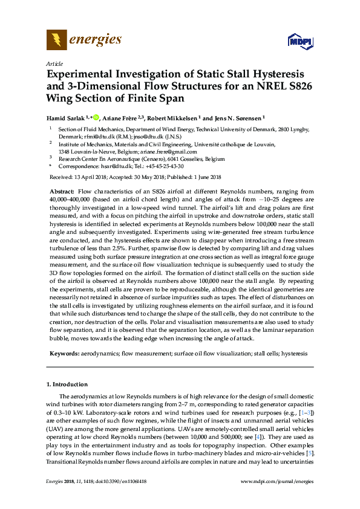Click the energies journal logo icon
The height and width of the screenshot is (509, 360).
tap(57, 41)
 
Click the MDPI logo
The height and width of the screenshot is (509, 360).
tap(298, 42)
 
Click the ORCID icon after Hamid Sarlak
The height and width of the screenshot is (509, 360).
tap(95, 117)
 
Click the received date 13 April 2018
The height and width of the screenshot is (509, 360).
tap(91, 177)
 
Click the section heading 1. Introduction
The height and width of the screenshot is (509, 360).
tap(67, 384)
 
